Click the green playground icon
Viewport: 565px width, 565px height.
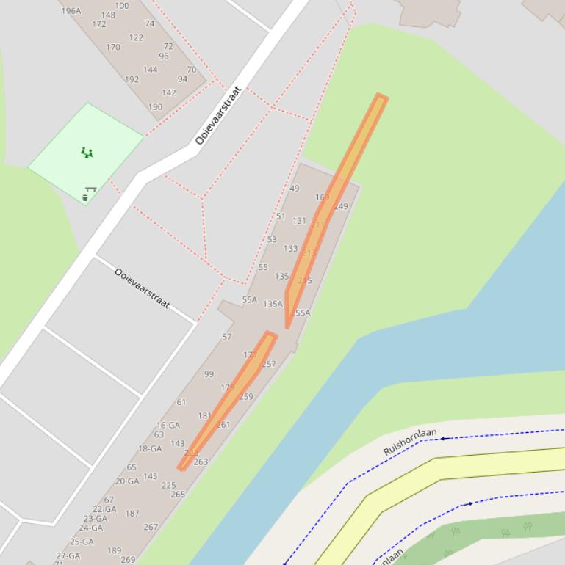(x=87, y=153)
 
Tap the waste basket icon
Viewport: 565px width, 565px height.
(x=85, y=198)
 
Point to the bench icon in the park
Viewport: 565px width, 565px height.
(x=91, y=189)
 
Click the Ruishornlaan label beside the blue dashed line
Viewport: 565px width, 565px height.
(x=410, y=442)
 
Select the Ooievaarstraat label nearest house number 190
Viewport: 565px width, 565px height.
(x=218, y=115)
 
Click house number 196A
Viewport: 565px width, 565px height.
(x=71, y=11)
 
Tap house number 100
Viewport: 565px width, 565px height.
(x=122, y=6)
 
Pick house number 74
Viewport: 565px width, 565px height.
(x=150, y=23)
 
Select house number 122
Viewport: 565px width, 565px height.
(x=136, y=37)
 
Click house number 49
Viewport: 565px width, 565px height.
(x=295, y=189)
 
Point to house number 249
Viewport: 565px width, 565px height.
(x=341, y=207)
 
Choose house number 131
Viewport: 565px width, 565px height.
(x=299, y=221)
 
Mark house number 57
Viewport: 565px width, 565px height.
(x=227, y=338)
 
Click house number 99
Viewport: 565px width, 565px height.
(x=209, y=374)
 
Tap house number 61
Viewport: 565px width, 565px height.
(x=181, y=402)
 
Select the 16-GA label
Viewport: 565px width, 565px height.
(x=168, y=426)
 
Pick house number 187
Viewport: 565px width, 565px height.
(x=132, y=514)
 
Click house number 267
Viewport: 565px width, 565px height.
(x=151, y=527)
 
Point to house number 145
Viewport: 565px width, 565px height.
(x=150, y=476)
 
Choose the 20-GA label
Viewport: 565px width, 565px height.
(x=127, y=482)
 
